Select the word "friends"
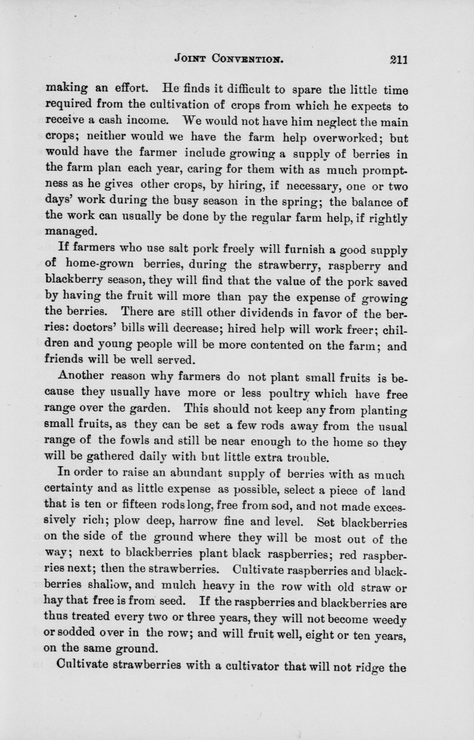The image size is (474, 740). tap(64, 359)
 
